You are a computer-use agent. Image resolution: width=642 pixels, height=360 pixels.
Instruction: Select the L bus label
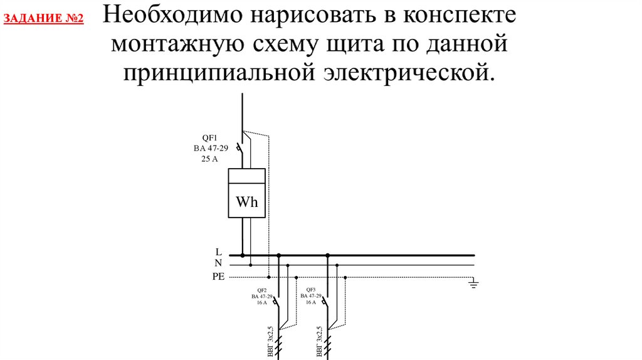tap(218, 252)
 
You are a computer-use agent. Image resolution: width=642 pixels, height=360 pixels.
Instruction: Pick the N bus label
tap(218, 264)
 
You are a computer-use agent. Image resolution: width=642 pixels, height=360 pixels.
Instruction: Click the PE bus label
tap(218, 277)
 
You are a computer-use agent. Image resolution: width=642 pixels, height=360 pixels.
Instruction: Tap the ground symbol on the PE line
tap(474, 284)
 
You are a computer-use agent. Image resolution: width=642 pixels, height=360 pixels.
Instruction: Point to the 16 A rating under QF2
tap(261, 302)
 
